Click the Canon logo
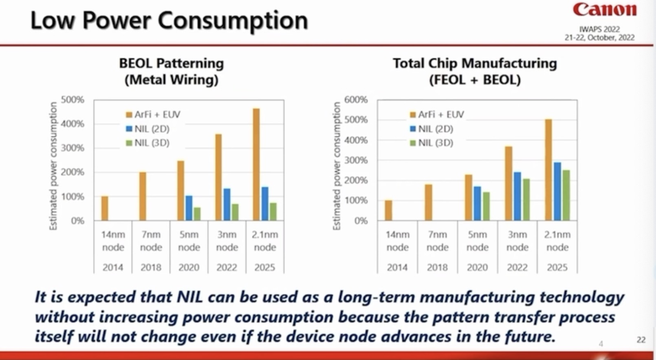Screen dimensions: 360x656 [604, 10]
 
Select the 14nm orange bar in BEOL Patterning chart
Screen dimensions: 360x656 [104, 208]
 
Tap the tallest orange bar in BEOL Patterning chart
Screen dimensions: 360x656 [256, 165]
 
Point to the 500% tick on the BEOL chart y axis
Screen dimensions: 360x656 [73, 100]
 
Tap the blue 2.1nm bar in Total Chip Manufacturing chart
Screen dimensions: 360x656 [557, 191]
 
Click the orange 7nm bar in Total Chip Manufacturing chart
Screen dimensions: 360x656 [428, 202]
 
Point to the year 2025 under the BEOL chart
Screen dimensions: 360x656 [265, 267]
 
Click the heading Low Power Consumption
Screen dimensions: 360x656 [169, 21]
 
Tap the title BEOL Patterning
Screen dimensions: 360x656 [171, 63]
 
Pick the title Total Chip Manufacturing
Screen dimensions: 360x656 [474, 63]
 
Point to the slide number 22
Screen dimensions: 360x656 [641, 340]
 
